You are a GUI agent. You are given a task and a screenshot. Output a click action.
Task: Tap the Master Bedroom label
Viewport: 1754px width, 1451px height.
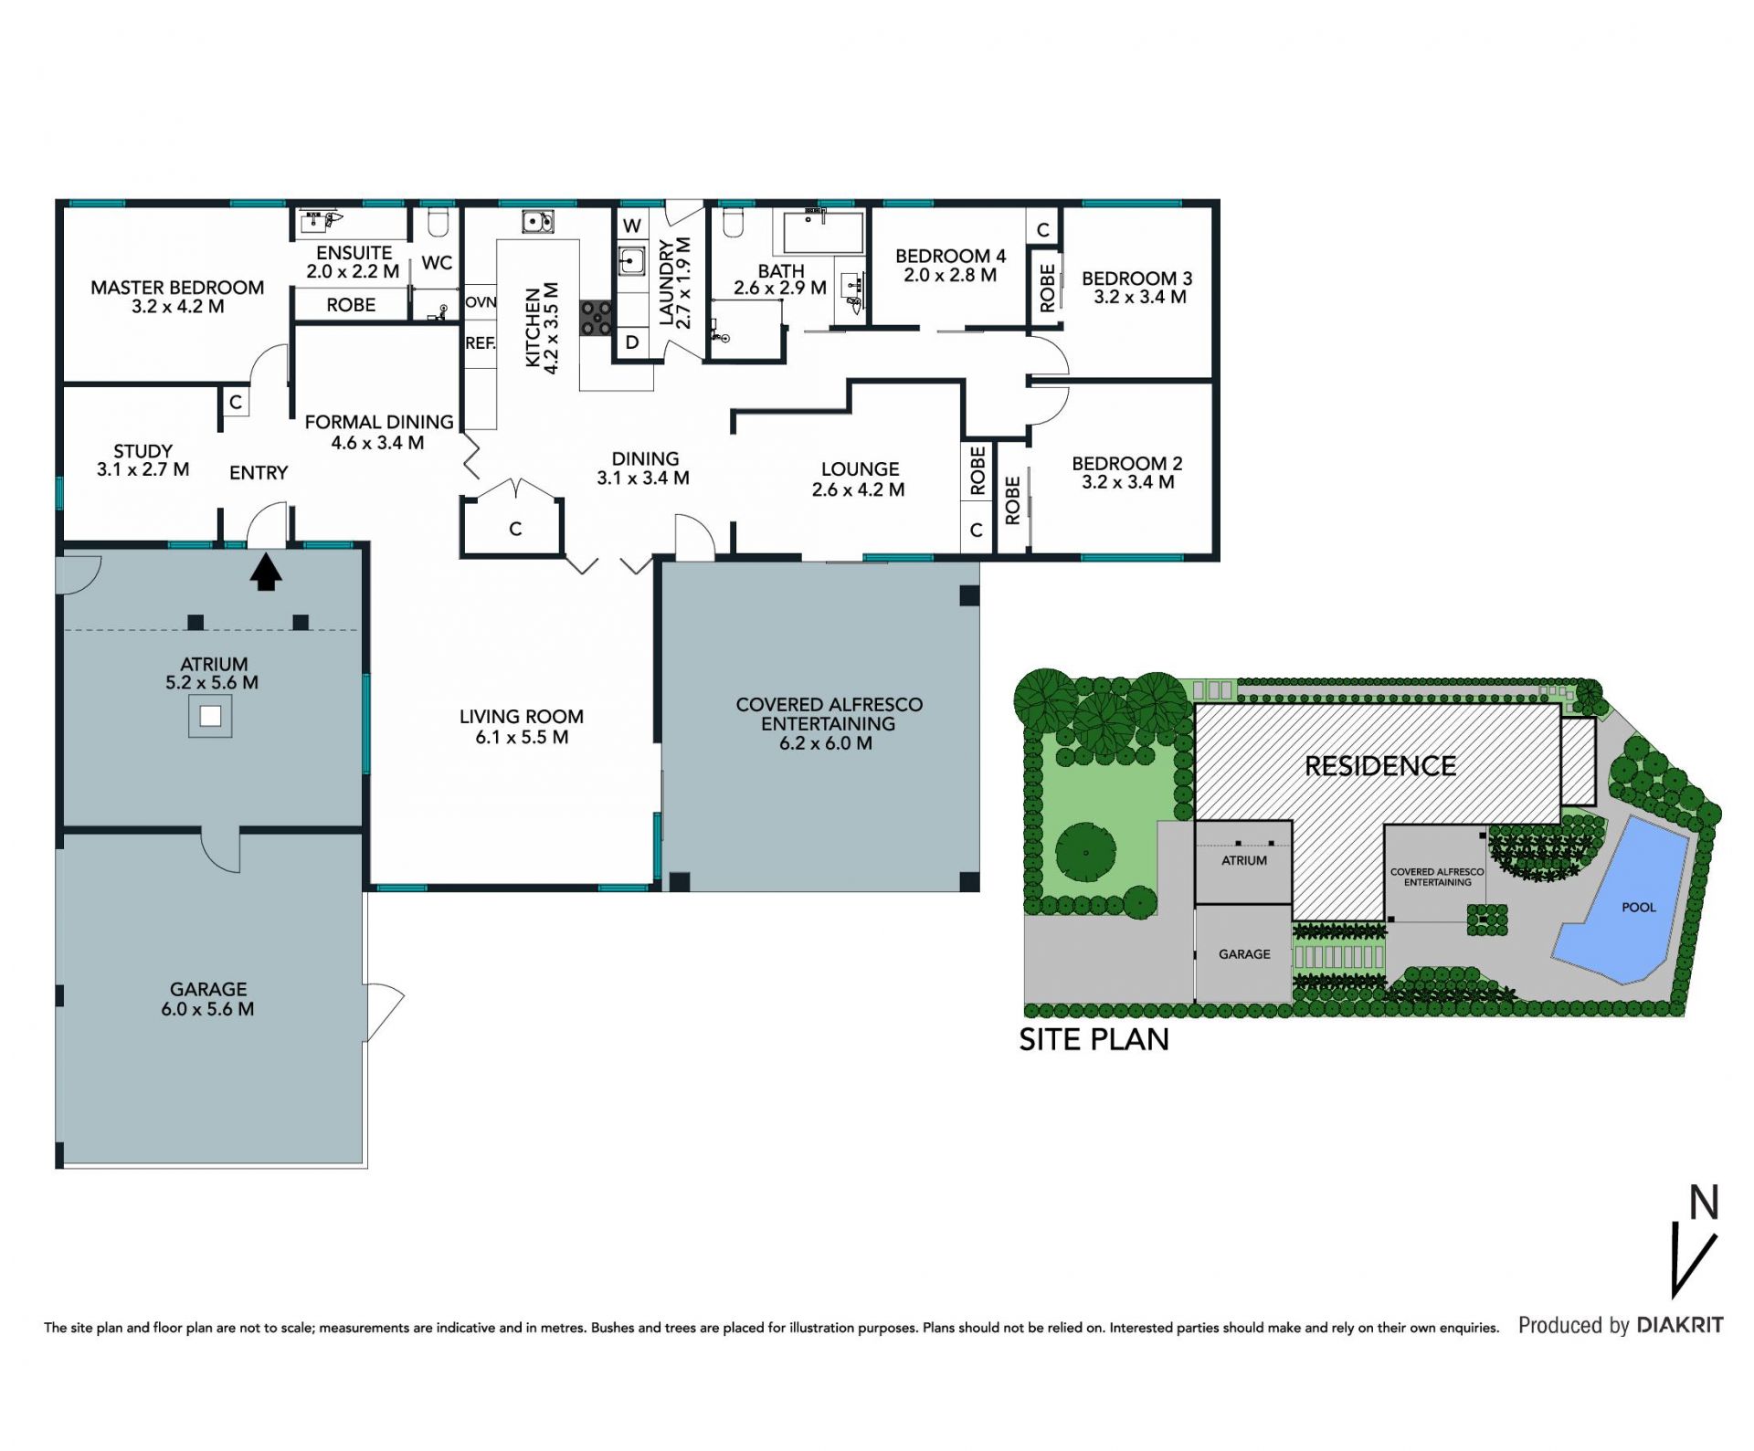tap(177, 288)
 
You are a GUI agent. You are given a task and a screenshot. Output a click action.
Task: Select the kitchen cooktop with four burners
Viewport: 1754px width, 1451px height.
tap(597, 319)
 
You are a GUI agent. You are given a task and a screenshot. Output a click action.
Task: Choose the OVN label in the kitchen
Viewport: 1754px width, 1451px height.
tap(481, 302)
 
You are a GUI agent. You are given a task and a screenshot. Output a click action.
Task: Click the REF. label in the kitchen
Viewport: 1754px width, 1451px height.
tap(481, 343)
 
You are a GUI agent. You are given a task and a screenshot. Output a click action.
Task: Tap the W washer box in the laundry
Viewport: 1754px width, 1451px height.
tap(631, 226)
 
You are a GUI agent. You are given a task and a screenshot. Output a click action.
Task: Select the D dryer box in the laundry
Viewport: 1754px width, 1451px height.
tap(632, 343)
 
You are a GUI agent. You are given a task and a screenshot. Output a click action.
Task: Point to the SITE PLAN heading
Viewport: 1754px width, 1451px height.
tap(1094, 1039)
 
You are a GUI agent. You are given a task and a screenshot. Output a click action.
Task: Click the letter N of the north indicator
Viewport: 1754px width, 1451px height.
tap(1704, 1203)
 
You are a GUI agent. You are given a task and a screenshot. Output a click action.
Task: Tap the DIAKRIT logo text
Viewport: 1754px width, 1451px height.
tap(1680, 1325)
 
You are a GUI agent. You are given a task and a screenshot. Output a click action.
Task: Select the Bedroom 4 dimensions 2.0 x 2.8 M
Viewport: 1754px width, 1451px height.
tap(950, 275)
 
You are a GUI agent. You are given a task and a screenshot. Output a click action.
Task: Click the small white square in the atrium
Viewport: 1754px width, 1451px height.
tap(210, 716)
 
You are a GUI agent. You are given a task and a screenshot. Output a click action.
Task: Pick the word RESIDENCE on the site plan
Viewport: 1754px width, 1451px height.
tap(1380, 766)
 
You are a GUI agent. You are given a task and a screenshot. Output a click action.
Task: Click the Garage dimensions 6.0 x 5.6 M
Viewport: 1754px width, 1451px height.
tap(207, 1009)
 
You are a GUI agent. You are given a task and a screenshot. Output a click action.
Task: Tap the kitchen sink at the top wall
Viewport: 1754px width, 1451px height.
tap(537, 221)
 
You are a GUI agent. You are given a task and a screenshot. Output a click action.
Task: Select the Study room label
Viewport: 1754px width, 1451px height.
tap(143, 451)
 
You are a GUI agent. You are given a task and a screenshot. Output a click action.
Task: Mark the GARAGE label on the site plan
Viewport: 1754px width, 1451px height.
tap(1244, 954)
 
